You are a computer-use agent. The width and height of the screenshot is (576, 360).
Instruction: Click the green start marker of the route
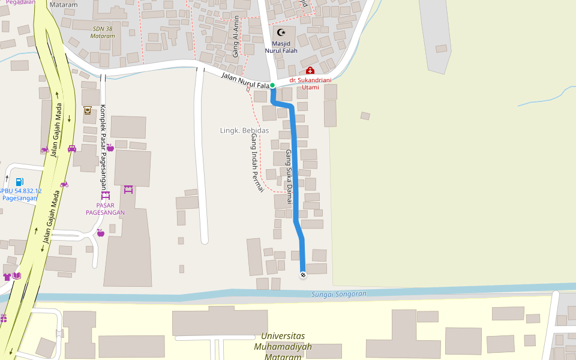point(272,85)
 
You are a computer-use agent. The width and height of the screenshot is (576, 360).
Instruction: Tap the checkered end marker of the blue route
point(303,274)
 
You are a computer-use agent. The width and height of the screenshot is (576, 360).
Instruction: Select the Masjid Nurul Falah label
point(281,47)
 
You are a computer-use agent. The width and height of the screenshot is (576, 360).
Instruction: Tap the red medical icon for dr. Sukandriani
point(310,71)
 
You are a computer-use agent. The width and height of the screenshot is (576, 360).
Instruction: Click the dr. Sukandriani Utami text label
point(310,83)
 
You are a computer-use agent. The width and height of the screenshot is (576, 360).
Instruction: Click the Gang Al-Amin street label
point(236,37)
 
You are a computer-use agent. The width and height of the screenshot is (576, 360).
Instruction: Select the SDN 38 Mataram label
point(102,32)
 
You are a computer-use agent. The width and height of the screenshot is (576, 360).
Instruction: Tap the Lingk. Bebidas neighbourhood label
point(244,130)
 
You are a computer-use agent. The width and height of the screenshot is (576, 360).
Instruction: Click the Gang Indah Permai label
point(257,163)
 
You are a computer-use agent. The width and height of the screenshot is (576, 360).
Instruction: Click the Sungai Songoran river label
point(339,294)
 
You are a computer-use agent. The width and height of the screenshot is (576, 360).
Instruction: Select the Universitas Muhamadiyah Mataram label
point(283,346)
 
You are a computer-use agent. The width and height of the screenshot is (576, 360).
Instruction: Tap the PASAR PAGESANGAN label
point(106,209)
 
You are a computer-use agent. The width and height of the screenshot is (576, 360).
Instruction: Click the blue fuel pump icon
point(20,181)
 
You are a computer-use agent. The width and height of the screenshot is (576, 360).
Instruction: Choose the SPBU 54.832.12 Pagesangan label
point(20,194)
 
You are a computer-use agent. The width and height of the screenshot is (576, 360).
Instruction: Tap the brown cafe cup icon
point(88,110)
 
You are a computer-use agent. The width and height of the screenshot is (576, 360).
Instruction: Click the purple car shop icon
point(72,148)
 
